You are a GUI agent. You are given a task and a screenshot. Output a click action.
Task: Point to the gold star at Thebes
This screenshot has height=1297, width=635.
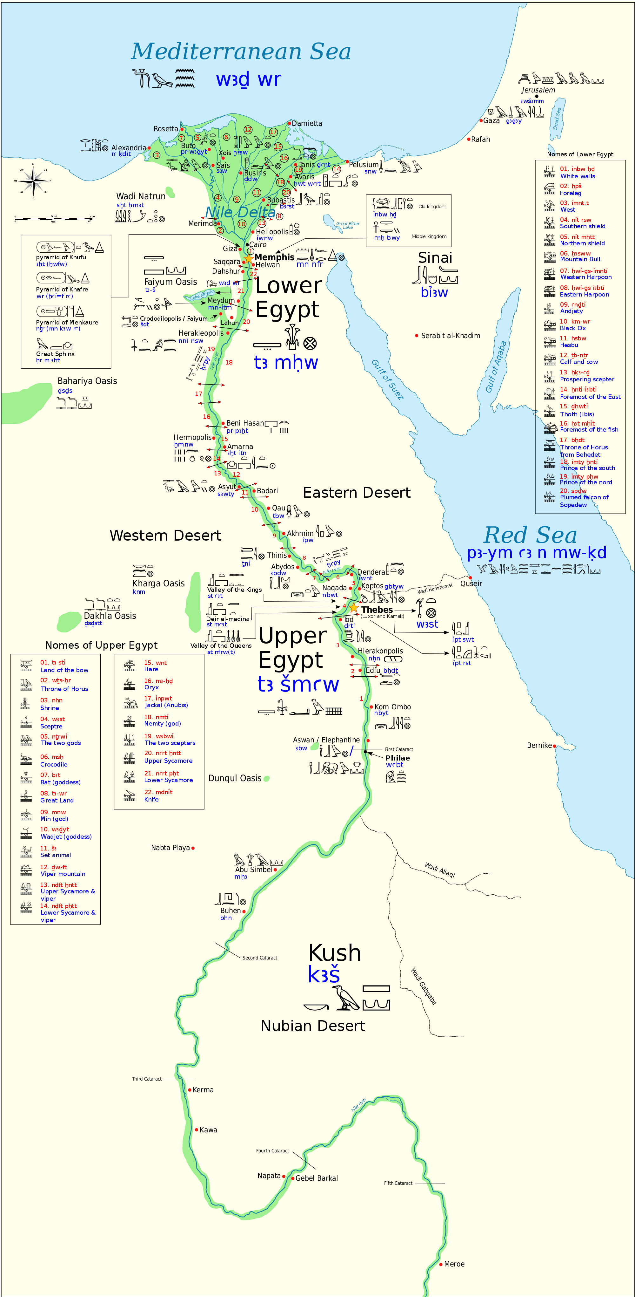[354, 608]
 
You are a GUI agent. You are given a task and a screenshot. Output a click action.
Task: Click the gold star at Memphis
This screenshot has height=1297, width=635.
[248, 259]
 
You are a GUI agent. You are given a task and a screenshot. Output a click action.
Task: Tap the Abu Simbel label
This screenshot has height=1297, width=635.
[254, 870]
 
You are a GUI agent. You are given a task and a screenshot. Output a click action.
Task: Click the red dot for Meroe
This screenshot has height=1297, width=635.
[441, 1264]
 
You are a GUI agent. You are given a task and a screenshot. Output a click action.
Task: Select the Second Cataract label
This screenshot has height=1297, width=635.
[260, 958]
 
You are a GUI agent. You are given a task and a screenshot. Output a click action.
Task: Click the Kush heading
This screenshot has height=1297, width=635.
[335, 953]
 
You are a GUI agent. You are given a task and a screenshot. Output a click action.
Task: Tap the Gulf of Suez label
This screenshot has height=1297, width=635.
[387, 380]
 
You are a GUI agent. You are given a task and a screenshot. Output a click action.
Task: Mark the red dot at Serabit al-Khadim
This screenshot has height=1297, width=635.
[417, 335]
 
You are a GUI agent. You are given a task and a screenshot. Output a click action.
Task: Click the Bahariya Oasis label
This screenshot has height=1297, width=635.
[87, 381]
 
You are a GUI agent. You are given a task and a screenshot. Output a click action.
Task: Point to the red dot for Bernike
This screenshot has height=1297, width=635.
[554, 746]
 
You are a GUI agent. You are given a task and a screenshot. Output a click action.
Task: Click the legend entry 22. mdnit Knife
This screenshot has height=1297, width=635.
[158, 795]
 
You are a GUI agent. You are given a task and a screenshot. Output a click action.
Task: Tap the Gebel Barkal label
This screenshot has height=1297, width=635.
[317, 1178]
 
